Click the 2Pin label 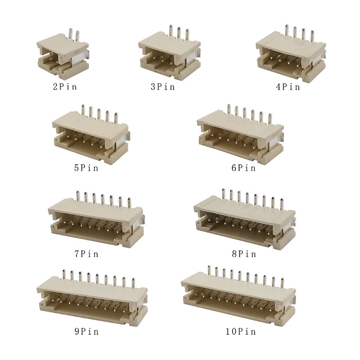(65, 86)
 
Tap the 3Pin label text (163, 86)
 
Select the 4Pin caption (288, 86)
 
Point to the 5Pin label (86, 168)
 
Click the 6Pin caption (243, 168)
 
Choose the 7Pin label (86, 254)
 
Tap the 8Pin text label (244, 254)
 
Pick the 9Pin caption (86, 331)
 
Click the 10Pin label (241, 331)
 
